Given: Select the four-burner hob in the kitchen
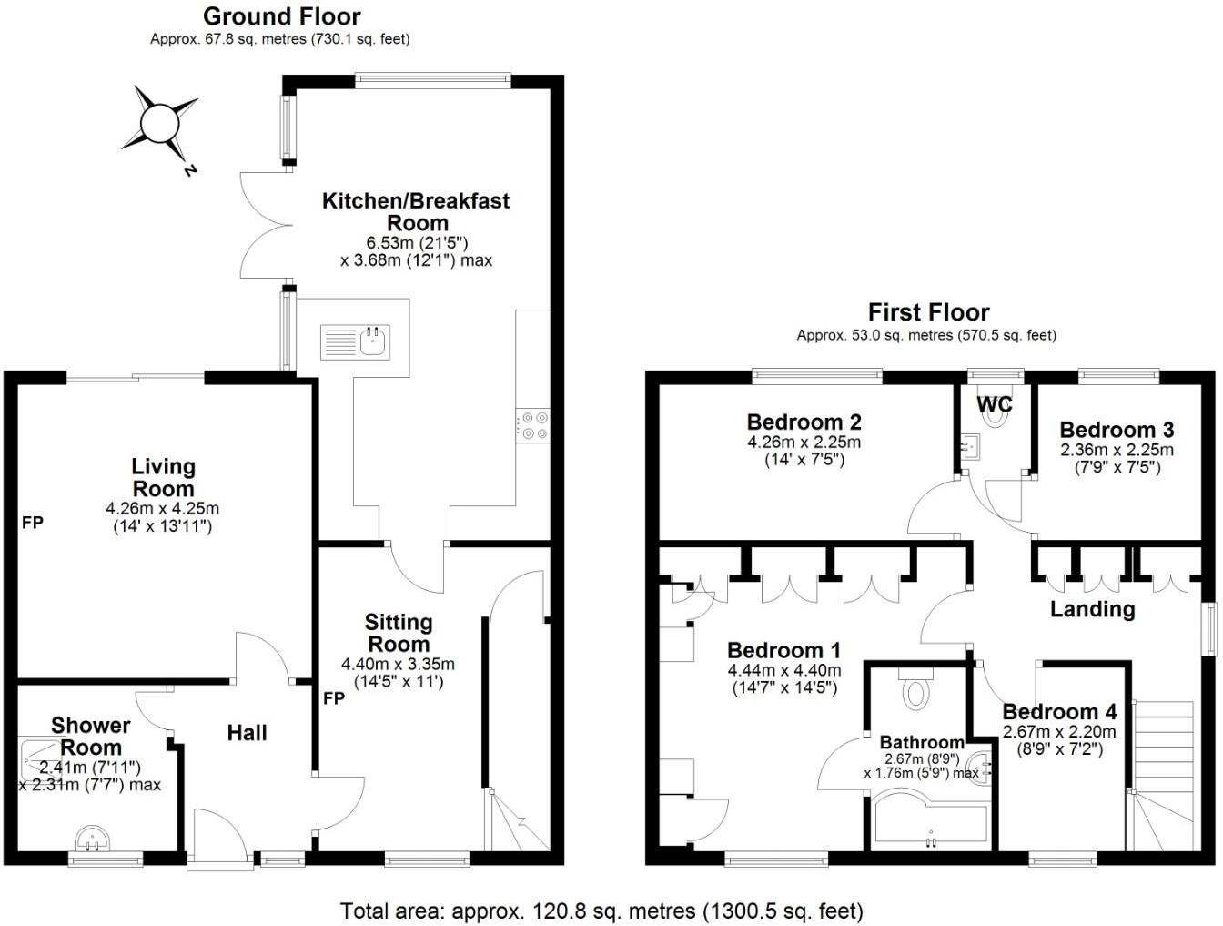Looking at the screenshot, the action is tap(533, 426).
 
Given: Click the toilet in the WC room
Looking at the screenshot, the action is tap(998, 413).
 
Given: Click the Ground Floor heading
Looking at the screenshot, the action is tap(281, 16).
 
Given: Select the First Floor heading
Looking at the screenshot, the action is tap(927, 312).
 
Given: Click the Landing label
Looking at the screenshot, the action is tap(1092, 609).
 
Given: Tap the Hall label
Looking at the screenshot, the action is tap(247, 733).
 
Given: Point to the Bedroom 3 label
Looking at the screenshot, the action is tap(1117, 430).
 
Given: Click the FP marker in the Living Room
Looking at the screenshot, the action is tap(33, 523).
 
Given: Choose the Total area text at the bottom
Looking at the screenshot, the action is tap(601, 910).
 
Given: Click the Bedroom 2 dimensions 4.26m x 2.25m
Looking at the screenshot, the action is tap(804, 443).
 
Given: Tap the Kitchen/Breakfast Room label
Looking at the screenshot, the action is tap(416, 211).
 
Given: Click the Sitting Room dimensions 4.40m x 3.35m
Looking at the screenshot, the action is tap(398, 664).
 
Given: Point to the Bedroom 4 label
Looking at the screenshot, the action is tap(1059, 711).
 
